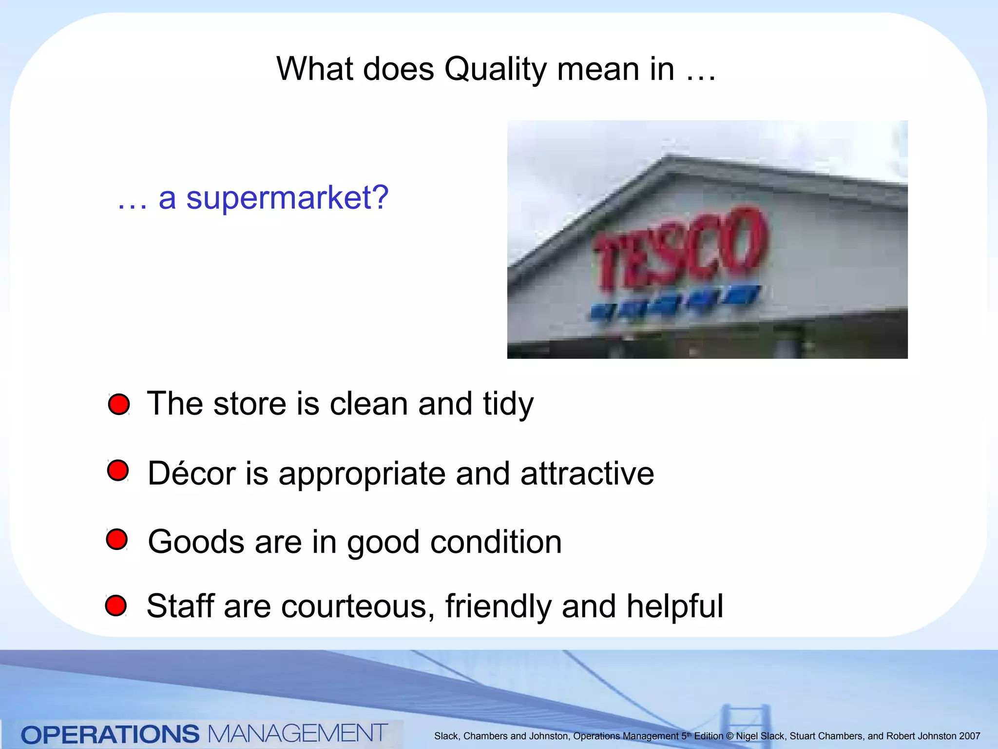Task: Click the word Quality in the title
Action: [495, 70]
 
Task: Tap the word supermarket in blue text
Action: [287, 198]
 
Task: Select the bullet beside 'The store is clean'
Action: [119, 405]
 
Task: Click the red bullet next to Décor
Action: [118, 471]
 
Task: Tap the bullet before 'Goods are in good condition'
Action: [117, 539]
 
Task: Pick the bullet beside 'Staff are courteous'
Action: [116, 605]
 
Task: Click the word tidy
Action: [508, 404]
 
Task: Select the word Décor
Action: [192, 473]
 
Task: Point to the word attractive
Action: [587, 473]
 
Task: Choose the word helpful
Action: [674, 606]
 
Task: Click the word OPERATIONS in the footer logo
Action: [110, 734]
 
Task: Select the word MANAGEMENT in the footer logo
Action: [297, 733]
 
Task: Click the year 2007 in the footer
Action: [969, 736]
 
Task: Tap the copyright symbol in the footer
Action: [729, 736]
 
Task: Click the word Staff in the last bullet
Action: [180, 606]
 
